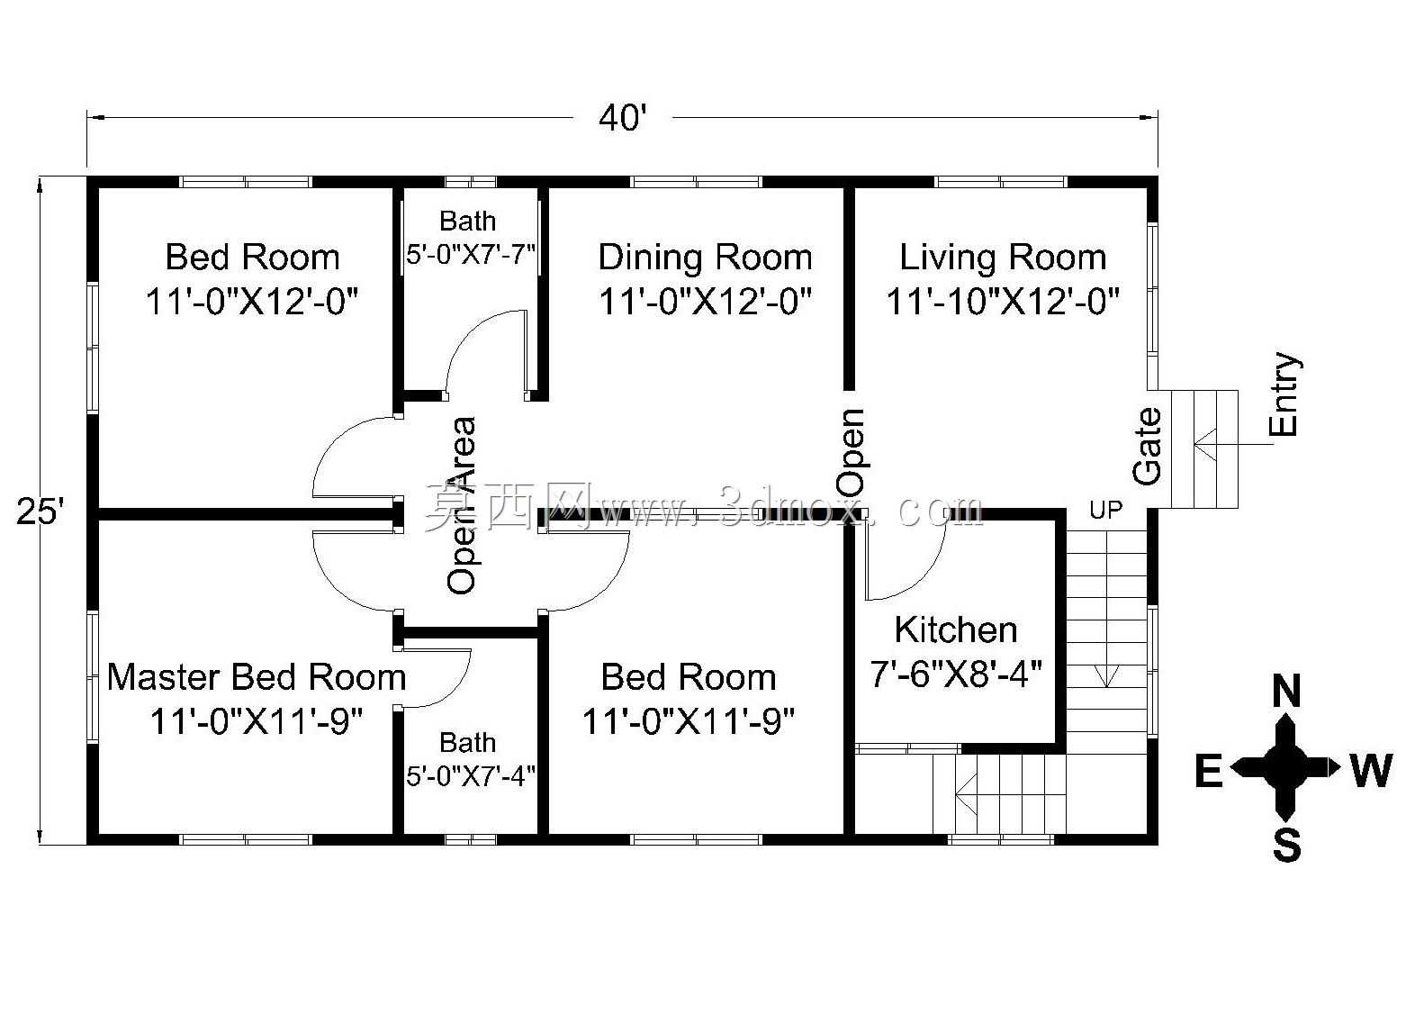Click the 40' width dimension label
coord(622,118)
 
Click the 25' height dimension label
coord(41,512)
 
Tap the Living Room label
coord(1003,258)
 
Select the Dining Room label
coord(705,258)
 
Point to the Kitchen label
coord(955,629)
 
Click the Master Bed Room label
coord(257,677)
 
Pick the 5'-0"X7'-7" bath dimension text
coord(471,255)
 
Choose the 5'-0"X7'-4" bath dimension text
coord(471,776)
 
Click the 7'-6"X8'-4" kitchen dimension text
coord(955,674)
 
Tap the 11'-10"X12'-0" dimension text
coord(1003,302)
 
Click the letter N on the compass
coord(1286,692)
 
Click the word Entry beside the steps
coord(1284,394)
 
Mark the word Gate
coord(1148,447)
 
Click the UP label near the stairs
coord(1105,511)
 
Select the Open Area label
coord(462,505)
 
